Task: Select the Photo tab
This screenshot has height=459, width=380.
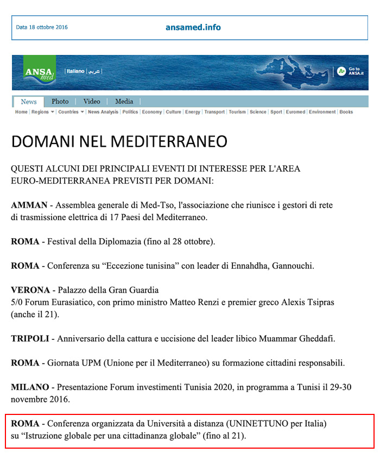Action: coord(60,102)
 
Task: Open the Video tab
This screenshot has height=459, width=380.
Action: coord(92,102)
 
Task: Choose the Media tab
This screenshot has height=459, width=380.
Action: coord(124,102)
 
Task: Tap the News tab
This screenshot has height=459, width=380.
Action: coord(29,102)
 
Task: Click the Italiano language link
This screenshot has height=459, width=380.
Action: coord(75,71)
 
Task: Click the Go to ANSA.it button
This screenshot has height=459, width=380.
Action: coord(350,71)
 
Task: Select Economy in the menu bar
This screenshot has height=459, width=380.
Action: coord(152,112)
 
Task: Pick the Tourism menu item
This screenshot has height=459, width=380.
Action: coord(237,112)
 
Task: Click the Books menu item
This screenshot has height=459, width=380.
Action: coord(346,112)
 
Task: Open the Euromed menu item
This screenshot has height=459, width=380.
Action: coord(295,112)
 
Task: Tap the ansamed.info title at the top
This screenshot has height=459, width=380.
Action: coord(193,28)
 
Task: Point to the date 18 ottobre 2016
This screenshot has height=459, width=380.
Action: coord(42,28)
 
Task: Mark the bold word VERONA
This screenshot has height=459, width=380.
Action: coord(30,290)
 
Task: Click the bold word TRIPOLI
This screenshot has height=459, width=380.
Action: coord(30,338)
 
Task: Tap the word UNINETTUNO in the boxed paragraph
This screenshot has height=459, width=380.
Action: coord(258,423)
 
